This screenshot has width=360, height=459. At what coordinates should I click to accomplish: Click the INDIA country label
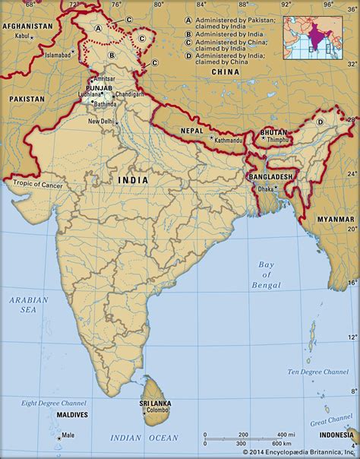[132, 180]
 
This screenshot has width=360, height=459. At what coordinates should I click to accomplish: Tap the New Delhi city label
[103, 122]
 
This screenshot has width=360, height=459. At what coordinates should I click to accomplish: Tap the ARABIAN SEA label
[28, 304]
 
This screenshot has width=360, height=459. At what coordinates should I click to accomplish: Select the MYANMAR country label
[335, 219]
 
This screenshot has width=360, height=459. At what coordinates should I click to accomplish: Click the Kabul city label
[22, 36]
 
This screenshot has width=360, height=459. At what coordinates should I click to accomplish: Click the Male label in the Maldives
[68, 435]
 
